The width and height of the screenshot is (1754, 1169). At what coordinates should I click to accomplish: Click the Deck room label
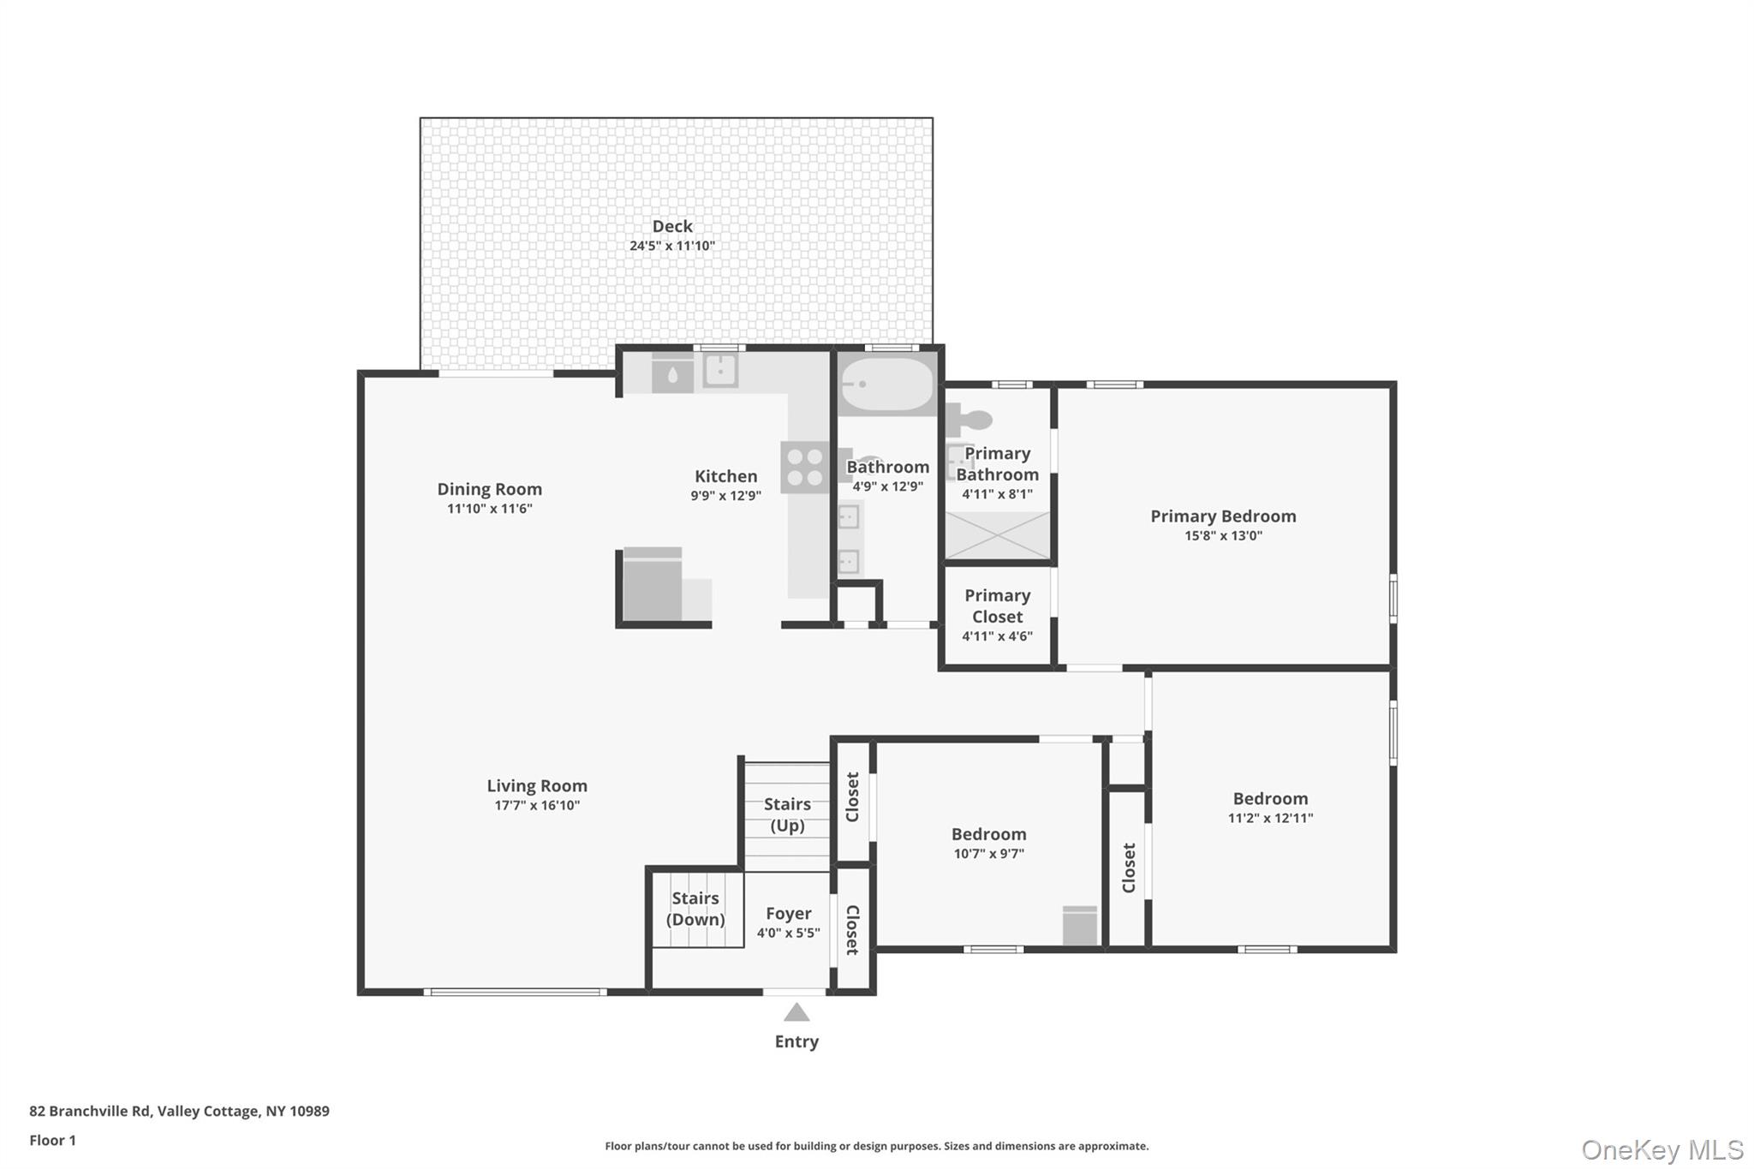[x=672, y=226]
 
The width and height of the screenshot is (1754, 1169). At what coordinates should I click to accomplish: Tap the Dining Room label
[x=490, y=489]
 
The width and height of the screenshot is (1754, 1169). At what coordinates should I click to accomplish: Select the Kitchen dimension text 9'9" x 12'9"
[x=726, y=495]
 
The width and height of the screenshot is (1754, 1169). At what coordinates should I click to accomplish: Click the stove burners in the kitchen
[x=805, y=468]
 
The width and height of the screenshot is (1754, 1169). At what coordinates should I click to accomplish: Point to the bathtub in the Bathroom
[x=886, y=385]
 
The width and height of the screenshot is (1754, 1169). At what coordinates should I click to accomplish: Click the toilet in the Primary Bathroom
[x=969, y=420]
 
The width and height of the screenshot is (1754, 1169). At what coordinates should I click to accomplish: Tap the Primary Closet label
[x=998, y=605]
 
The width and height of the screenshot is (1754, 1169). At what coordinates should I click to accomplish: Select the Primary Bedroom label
[x=1223, y=516]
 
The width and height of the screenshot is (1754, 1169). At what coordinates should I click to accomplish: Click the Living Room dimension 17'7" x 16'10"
[x=537, y=805]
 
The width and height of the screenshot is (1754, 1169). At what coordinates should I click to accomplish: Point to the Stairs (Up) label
[x=787, y=814]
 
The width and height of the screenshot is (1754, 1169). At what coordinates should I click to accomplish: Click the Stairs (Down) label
[x=695, y=909]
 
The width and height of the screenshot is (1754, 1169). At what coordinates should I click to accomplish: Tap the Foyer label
[x=788, y=914]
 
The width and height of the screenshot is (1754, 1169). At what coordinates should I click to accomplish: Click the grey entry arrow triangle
[x=796, y=1012]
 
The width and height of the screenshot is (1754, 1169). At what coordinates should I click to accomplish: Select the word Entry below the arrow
[x=796, y=1041]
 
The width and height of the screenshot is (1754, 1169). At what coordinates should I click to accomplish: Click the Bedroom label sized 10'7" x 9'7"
[x=988, y=833]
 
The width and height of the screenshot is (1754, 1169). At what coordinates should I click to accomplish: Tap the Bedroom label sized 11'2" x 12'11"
[x=1270, y=798]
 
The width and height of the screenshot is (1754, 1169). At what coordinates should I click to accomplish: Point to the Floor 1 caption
[x=52, y=1140]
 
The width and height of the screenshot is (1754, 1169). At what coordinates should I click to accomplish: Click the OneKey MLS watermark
[x=1662, y=1149]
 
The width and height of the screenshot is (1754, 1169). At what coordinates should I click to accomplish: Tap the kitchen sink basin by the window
[x=721, y=370]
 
